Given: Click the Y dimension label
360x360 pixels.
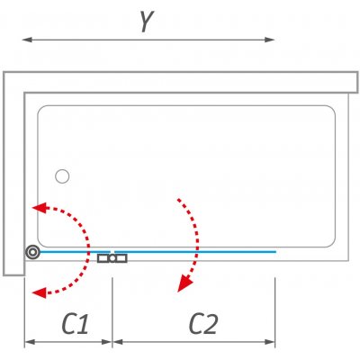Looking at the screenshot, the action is click(x=147, y=21).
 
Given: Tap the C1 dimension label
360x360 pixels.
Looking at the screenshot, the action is click(x=76, y=324).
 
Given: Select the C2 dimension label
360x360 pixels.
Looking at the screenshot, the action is click(x=203, y=324).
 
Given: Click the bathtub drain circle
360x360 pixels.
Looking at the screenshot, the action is click(x=62, y=176).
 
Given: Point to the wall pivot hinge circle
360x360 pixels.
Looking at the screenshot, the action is click(x=32, y=252).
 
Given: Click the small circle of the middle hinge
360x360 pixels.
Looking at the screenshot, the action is click(x=112, y=258).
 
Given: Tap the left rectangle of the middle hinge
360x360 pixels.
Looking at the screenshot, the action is click(x=103, y=258).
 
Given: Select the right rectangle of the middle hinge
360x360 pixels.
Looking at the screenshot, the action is click(x=121, y=258).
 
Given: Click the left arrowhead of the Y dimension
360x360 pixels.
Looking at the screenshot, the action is click(x=27, y=40).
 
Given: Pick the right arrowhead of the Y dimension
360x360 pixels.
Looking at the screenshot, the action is click(x=270, y=40).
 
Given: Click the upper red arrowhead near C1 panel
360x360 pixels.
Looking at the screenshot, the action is click(x=40, y=208).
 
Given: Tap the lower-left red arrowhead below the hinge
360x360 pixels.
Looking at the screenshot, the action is click(x=40, y=292).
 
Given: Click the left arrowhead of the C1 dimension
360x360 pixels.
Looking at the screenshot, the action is click(x=30, y=342).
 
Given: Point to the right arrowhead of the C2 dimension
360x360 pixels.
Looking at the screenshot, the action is click(x=270, y=342).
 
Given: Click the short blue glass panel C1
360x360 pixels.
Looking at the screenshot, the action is click(x=75, y=252).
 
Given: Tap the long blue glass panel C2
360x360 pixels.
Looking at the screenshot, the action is click(x=195, y=252).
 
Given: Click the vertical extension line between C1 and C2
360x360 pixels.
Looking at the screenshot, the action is click(x=112, y=312).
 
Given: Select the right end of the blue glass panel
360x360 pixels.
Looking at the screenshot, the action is click(x=275, y=252).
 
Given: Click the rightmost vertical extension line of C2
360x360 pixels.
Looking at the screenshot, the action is click(x=275, y=312).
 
